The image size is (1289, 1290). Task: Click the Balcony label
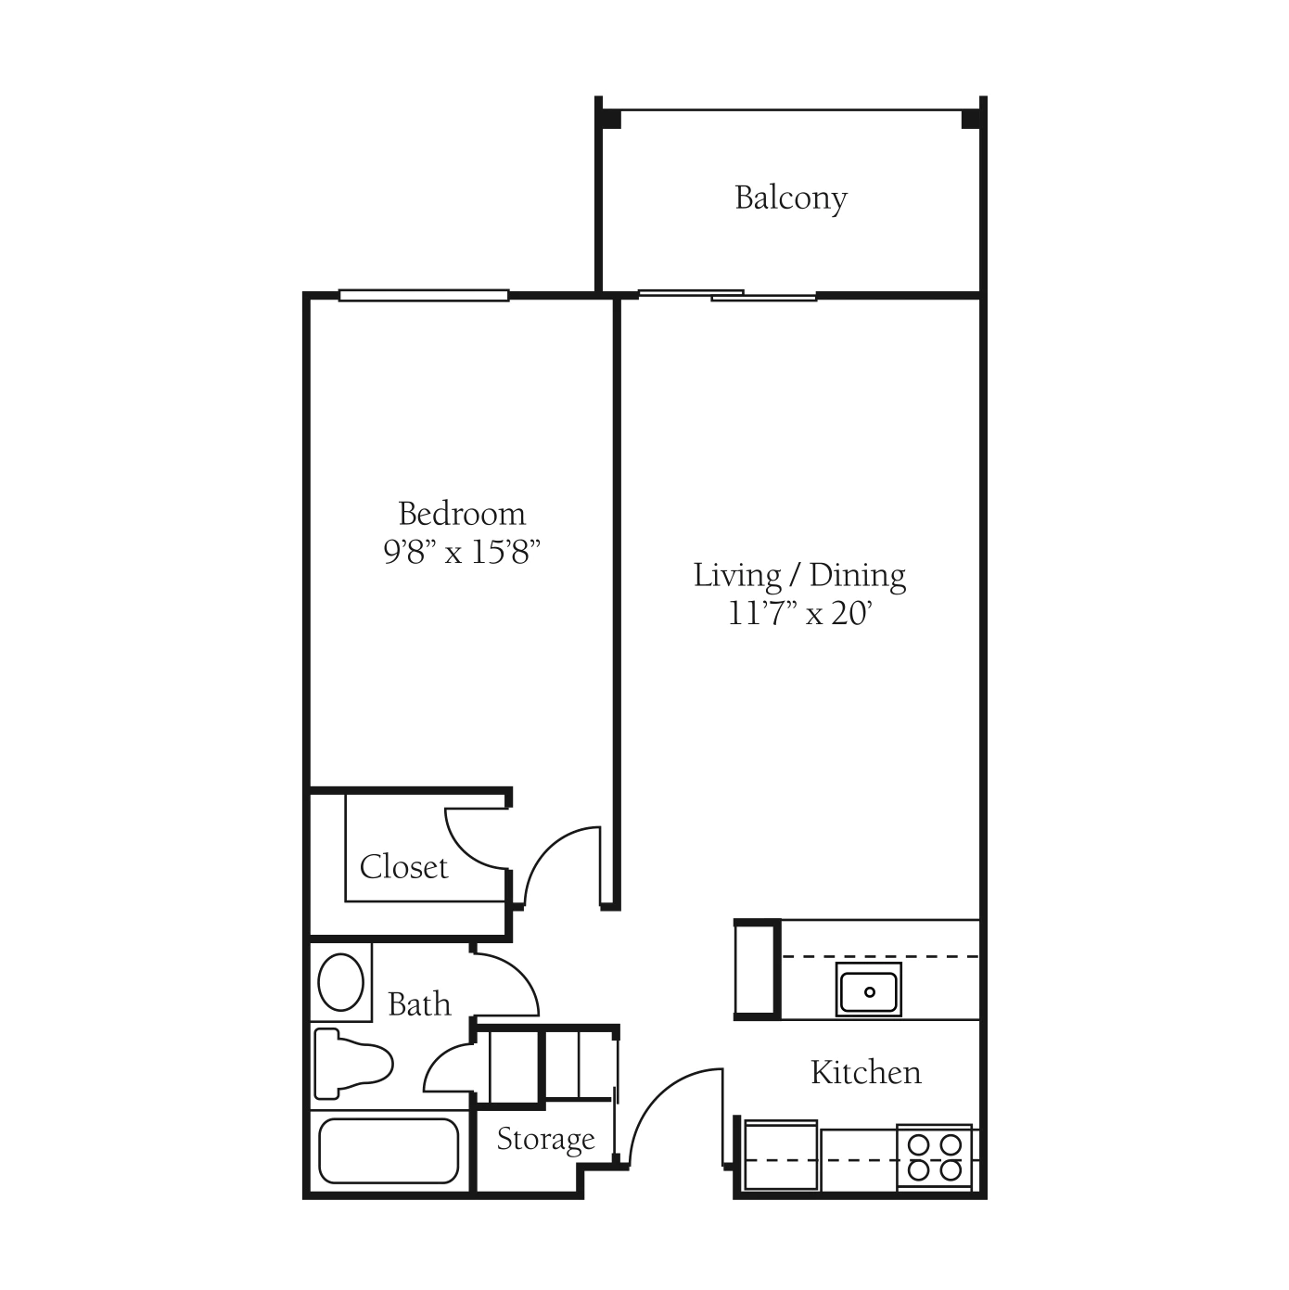click(x=791, y=198)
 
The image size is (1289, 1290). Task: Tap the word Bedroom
click(x=462, y=514)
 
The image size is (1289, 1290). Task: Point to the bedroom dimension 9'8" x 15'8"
click(x=462, y=553)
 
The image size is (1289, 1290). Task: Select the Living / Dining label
click(x=799, y=576)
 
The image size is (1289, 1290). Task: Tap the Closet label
click(x=403, y=867)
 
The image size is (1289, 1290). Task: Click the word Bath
click(x=419, y=1004)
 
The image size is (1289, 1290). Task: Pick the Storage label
click(x=545, y=1139)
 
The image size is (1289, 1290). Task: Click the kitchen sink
click(x=869, y=990)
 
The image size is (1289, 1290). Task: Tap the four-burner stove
click(x=934, y=1157)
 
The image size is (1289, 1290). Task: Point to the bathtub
click(x=389, y=1151)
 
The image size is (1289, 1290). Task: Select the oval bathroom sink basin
click(x=341, y=982)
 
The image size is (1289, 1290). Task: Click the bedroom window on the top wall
click(x=424, y=295)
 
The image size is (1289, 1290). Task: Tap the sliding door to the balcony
click(x=727, y=295)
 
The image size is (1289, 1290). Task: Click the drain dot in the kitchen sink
click(x=870, y=992)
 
